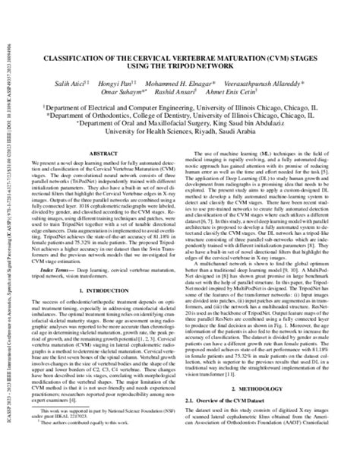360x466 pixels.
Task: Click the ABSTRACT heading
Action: (105, 152)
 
